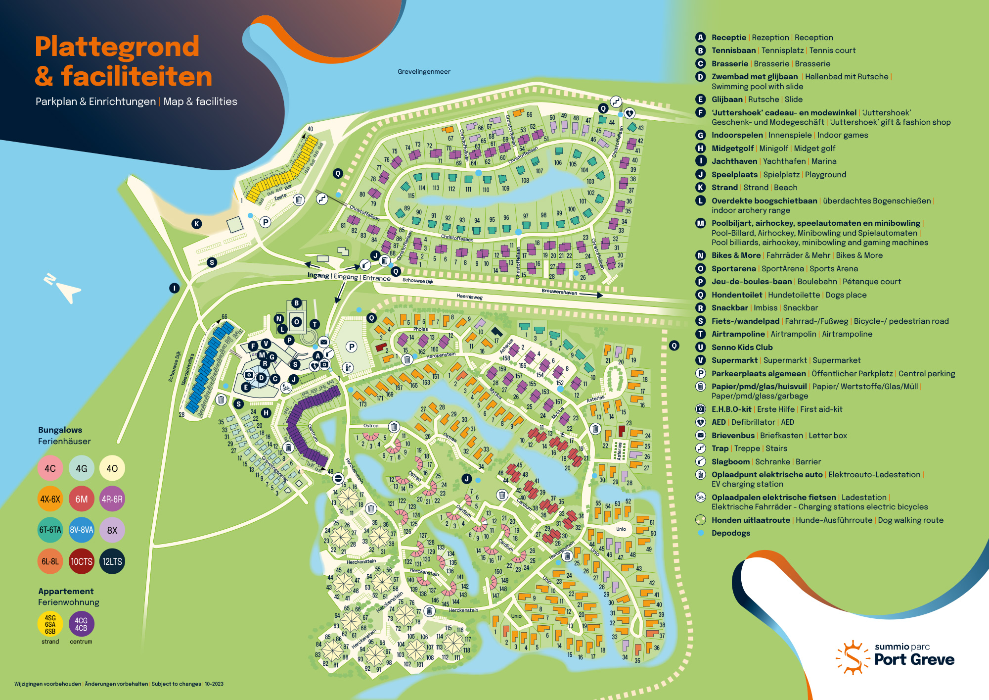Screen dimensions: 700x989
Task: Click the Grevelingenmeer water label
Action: point(424,72)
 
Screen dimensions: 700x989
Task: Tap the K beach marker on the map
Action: point(197,224)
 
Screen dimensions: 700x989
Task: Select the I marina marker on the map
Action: point(174,288)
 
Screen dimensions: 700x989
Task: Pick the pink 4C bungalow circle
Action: point(50,468)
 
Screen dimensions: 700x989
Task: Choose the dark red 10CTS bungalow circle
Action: point(82,561)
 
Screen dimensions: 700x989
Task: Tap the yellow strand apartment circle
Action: point(50,624)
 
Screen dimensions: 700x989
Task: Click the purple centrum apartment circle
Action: point(81,624)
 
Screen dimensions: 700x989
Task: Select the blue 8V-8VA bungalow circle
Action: point(82,530)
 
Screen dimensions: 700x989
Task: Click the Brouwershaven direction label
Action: point(559,292)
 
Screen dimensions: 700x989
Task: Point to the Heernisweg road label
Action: point(469,297)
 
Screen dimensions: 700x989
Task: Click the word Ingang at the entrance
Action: point(318,275)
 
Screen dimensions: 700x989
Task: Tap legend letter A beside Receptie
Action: point(700,38)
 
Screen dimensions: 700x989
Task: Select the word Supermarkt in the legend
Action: point(734,360)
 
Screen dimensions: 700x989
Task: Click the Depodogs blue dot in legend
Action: point(701,533)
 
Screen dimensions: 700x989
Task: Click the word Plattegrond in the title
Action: point(117,47)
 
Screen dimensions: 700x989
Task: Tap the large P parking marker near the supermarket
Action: point(352,347)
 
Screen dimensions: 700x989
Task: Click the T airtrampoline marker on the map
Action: point(315,324)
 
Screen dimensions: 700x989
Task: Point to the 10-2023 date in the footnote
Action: point(214,684)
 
